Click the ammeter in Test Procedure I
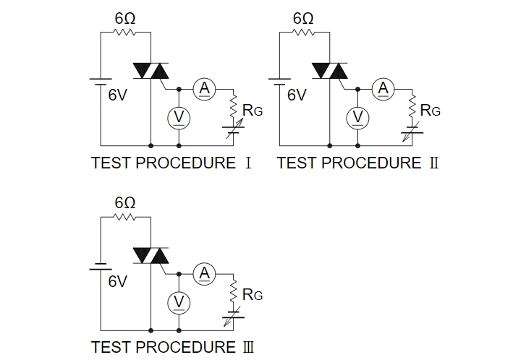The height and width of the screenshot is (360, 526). pyautogui.click(x=205, y=88)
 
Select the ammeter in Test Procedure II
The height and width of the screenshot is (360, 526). pyautogui.click(x=383, y=88)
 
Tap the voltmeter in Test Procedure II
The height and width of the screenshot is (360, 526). pyautogui.click(x=357, y=117)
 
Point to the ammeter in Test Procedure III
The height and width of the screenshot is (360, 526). pyautogui.click(x=205, y=273)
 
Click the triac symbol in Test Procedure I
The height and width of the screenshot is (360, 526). pyautogui.click(x=150, y=70)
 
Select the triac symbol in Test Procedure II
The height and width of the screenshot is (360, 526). pyautogui.click(x=329, y=70)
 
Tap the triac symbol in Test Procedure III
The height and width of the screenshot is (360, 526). pyautogui.click(x=150, y=254)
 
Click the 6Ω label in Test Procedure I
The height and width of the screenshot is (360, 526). pyautogui.click(x=125, y=19)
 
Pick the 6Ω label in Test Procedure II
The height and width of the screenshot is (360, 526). pyautogui.click(x=304, y=19)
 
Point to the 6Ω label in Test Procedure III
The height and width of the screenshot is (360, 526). pyautogui.click(x=125, y=203)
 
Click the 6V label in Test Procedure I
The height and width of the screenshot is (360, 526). pyautogui.click(x=117, y=94)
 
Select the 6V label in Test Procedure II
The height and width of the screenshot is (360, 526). pyautogui.click(x=297, y=94)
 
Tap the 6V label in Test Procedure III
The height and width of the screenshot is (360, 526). pyautogui.click(x=117, y=281)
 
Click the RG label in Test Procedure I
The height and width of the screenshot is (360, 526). pyautogui.click(x=253, y=110)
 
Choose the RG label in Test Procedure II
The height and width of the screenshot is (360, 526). pyautogui.click(x=430, y=110)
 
